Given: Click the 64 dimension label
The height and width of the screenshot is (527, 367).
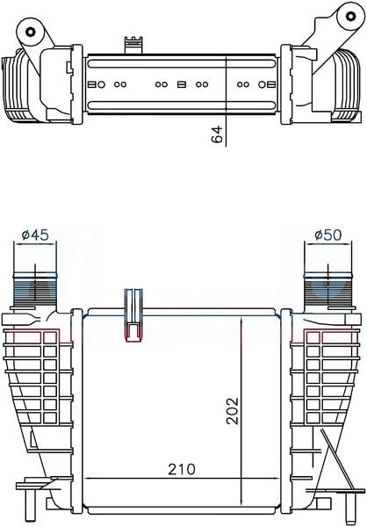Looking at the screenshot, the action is click(x=217, y=134).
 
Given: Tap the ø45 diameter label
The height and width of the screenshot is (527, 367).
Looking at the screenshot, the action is click(x=35, y=235).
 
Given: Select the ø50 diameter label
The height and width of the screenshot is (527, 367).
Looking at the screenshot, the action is click(x=327, y=235).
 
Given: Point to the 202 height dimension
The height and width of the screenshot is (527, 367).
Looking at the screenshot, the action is click(x=233, y=411).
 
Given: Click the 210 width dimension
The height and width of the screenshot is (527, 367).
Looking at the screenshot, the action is click(x=182, y=469).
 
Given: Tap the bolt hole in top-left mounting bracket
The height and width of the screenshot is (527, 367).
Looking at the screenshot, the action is click(x=30, y=32).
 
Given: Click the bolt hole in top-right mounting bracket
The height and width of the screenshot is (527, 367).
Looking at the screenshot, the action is click(x=350, y=16).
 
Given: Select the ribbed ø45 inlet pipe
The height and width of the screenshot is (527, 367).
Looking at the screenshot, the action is click(x=35, y=291).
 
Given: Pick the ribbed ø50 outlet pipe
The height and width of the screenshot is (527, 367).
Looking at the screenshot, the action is click(x=328, y=291).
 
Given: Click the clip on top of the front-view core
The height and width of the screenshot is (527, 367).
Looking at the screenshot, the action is click(x=133, y=315).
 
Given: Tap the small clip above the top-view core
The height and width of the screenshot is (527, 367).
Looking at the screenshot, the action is click(x=134, y=45).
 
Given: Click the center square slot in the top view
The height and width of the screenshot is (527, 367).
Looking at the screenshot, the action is click(x=182, y=84).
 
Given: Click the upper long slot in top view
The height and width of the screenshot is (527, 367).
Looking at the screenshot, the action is click(x=182, y=63).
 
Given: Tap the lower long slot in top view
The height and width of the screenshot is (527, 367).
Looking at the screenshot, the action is click(x=182, y=105).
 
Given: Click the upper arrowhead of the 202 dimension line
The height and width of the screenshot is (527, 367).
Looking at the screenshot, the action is click(x=241, y=321).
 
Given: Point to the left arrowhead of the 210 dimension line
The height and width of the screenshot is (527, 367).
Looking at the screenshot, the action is click(x=88, y=478).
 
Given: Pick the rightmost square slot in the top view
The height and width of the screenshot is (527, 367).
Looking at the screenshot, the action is click(x=271, y=84).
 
